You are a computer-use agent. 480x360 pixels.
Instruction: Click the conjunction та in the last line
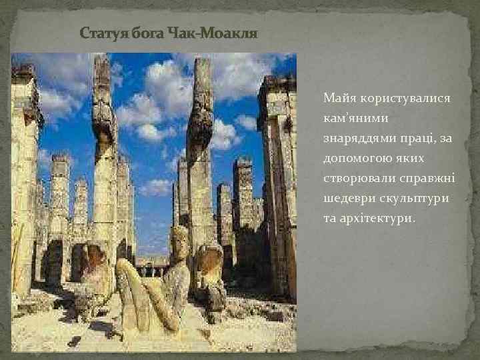tap(331, 219)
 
